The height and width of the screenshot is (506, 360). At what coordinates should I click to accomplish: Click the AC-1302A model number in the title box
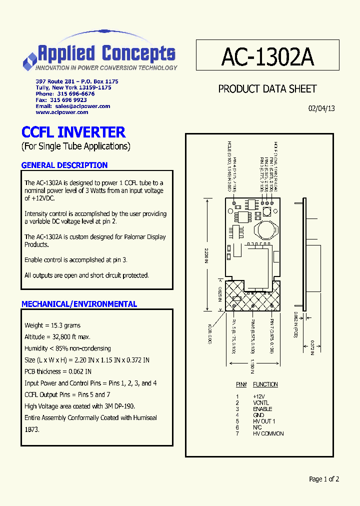(267, 57)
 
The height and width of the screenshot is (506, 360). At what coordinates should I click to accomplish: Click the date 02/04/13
(321, 108)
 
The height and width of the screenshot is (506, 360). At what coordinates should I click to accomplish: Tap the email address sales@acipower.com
(82, 106)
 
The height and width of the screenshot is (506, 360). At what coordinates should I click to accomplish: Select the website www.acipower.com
(62, 112)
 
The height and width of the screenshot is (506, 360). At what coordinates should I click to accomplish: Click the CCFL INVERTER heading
(73, 132)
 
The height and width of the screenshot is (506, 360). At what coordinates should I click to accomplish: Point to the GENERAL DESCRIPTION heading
(64, 165)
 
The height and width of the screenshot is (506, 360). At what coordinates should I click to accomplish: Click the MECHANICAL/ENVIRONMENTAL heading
(79, 304)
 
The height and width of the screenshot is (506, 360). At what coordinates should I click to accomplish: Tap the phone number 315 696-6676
(75, 94)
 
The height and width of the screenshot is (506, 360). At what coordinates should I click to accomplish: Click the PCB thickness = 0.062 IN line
(58, 371)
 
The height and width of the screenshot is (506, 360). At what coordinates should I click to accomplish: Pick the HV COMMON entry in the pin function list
(268, 433)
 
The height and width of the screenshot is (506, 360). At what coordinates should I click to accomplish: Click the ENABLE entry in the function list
(262, 409)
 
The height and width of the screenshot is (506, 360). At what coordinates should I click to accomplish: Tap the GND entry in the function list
(258, 415)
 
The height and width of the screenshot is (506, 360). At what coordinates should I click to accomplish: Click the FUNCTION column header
(265, 384)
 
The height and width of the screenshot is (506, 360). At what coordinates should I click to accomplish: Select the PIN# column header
(241, 384)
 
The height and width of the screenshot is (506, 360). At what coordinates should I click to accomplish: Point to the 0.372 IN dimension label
(312, 345)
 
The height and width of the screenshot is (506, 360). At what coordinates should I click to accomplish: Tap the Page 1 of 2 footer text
(324, 479)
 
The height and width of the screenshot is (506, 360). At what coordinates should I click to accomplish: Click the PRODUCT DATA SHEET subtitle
(267, 89)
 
